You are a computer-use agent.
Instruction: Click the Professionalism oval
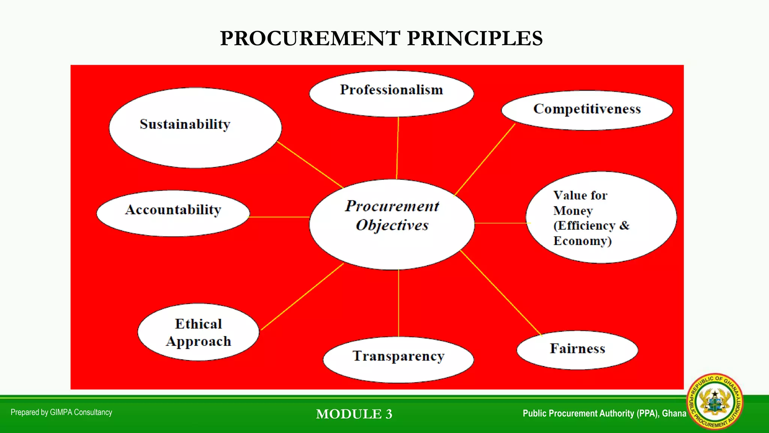(391, 94)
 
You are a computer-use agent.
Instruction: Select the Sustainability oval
(195, 128)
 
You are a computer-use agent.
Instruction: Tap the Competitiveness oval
(587, 110)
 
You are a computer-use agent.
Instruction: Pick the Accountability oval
(173, 213)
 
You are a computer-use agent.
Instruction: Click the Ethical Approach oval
(198, 332)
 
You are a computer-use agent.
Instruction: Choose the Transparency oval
(398, 359)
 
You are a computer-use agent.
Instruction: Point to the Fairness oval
(577, 350)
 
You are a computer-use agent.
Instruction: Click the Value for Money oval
(601, 217)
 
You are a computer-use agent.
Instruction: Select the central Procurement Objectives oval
(392, 224)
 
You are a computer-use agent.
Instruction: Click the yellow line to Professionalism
(398, 148)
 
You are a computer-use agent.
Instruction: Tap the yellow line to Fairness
(501, 292)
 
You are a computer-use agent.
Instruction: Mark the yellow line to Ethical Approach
(302, 297)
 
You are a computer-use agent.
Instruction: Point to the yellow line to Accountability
(279, 217)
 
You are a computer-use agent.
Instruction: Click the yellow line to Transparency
(398, 303)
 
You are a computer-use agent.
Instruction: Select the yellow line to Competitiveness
(485, 160)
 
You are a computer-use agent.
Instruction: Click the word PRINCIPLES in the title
(475, 38)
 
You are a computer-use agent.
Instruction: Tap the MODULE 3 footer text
(354, 414)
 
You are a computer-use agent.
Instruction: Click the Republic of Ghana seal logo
(714, 401)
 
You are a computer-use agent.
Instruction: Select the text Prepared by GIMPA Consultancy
(61, 412)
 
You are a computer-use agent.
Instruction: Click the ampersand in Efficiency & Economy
(624, 225)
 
